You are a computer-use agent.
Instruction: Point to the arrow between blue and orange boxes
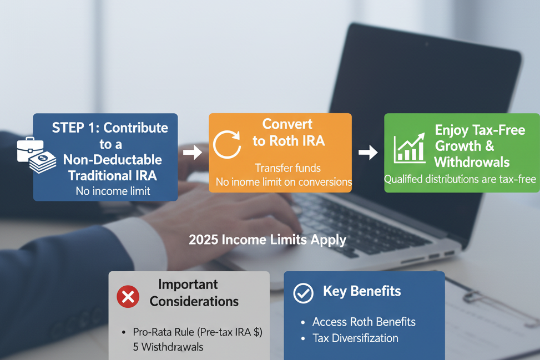coord(193,153)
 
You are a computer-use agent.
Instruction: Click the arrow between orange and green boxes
coord(368,151)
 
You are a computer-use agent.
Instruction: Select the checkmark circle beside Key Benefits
coord(303,293)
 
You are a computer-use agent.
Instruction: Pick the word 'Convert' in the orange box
coord(287,124)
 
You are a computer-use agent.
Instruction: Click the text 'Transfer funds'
coord(287,168)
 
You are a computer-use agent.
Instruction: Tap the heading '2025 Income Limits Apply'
coord(268,240)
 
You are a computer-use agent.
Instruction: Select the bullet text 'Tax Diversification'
coord(355,338)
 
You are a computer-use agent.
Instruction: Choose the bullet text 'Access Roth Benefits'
coord(364,322)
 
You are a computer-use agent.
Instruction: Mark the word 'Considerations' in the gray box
coord(194,302)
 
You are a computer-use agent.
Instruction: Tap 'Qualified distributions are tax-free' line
coord(461,179)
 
